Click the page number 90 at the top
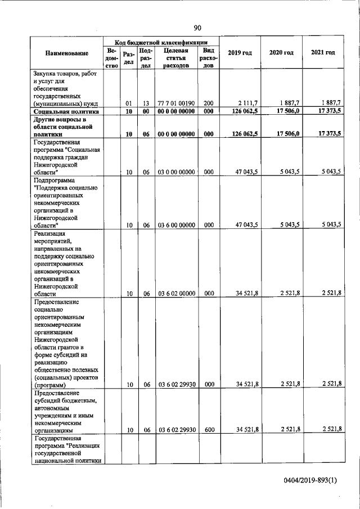(197, 28)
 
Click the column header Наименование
(67, 53)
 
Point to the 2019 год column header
(239, 53)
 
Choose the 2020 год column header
(281, 53)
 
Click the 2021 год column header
(323, 53)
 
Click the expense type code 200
(209, 103)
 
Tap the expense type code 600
(209, 430)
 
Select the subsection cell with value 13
(145, 103)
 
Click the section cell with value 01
(128, 103)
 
